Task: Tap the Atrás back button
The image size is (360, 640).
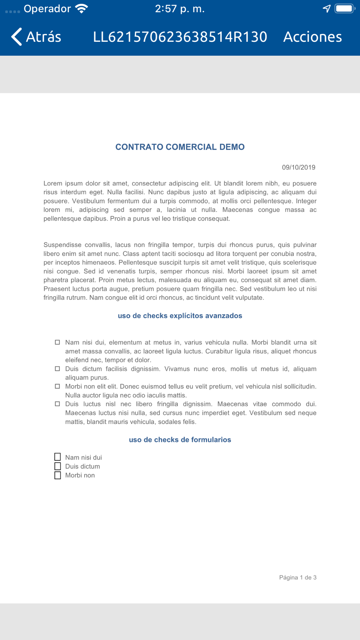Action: (36, 37)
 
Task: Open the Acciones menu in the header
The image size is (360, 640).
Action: (312, 37)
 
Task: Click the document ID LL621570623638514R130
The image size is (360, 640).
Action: (180, 37)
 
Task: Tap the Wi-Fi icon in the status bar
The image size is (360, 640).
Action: (82, 9)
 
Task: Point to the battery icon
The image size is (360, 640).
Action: (345, 9)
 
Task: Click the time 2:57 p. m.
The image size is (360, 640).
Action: (180, 9)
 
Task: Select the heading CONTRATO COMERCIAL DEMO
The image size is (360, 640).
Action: (180, 147)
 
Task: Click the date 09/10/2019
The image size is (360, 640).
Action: (298, 167)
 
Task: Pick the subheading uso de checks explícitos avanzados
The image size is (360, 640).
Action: (180, 316)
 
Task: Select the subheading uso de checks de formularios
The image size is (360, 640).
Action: (180, 440)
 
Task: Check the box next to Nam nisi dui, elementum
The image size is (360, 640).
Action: (57, 342)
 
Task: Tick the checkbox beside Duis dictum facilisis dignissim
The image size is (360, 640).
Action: (57, 369)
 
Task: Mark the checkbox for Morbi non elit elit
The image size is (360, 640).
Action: (57, 386)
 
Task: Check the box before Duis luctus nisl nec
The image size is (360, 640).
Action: (57, 404)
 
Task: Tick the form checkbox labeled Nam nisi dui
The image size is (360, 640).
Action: (58, 457)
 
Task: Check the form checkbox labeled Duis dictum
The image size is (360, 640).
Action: (58, 466)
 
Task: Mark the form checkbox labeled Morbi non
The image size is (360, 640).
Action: (58, 475)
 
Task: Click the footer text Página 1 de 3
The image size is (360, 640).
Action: (298, 577)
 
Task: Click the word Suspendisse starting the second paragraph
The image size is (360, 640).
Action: (62, 245)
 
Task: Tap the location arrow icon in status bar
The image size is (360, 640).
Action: (327, 9)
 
